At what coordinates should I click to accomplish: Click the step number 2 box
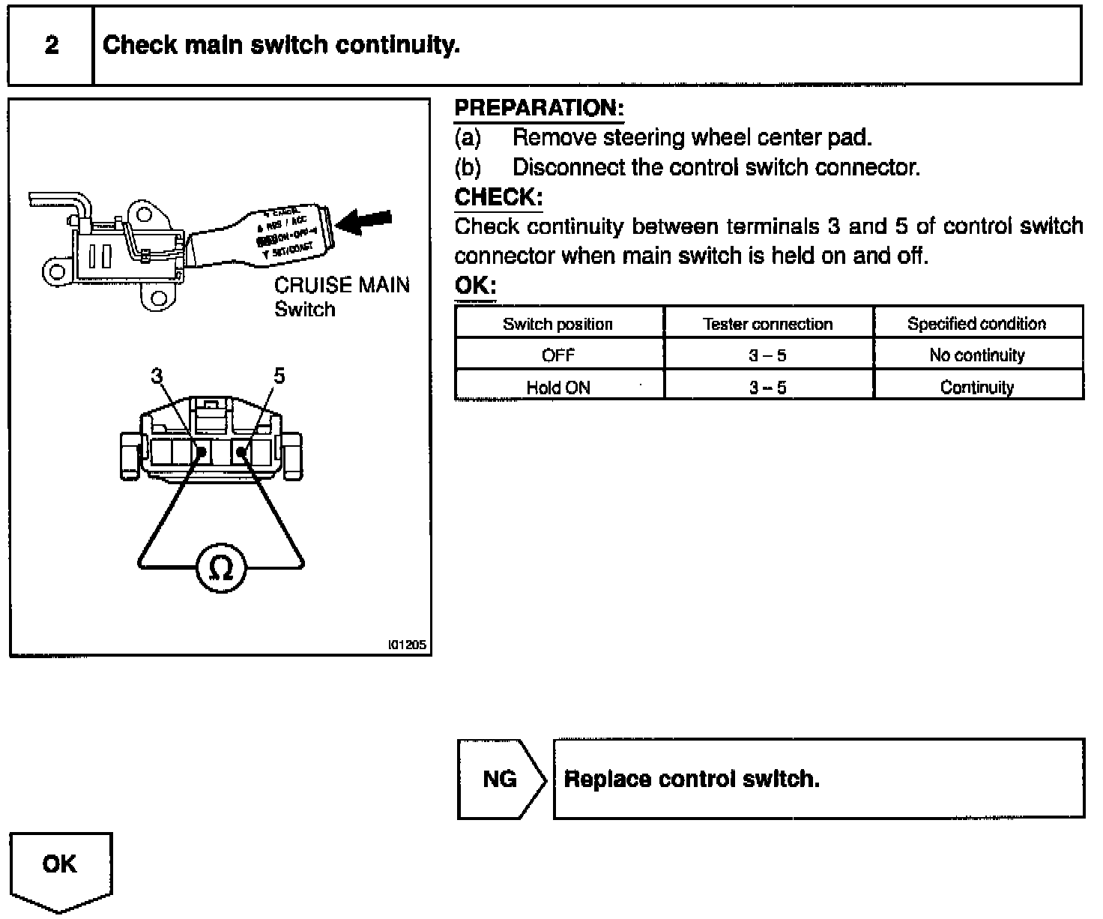click(x=51, y=46)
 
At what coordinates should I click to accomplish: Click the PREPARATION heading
click(x=539, y=108)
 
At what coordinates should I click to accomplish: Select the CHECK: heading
click(x=498, y=198)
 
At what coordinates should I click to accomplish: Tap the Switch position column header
click(x=558, y=324)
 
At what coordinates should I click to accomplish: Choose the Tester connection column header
click(x=768, y=324)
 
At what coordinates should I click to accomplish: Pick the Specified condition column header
click(x=977, y=324)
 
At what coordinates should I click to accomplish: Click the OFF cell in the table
click(x=558, y=355)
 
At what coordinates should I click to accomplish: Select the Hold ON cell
click(x=558, y=388)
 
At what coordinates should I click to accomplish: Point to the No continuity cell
click(x=977, y=355)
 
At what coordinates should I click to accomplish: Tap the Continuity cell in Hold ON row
click(x=977, y=388)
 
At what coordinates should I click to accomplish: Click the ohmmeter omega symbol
click(x=220, y=568)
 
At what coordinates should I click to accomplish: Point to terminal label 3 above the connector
click(x=157, y=376)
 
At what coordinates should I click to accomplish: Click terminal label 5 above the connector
click(x=279, y=376)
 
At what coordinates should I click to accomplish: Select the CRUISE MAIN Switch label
click(x=342, y=297)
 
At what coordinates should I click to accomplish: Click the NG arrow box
click(x=501, y=780)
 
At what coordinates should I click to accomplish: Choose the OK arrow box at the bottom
click(x=60, y=866)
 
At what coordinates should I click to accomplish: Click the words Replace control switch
click(x=692, y=780)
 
